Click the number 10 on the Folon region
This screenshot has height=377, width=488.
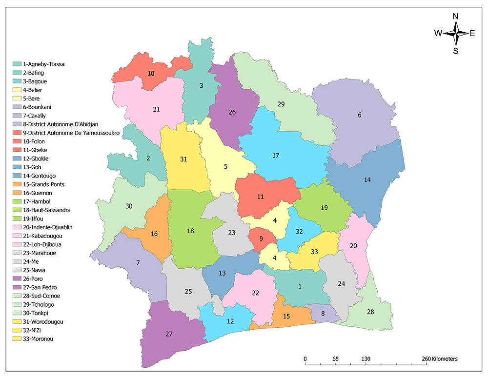(151, 74)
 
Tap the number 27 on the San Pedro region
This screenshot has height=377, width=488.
(169, 334)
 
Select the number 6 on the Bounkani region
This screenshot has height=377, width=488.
(360, 115)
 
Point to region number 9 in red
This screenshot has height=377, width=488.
(261, 239)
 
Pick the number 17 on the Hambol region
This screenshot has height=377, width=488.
(276, 156)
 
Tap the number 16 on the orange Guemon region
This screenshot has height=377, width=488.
(154, 234)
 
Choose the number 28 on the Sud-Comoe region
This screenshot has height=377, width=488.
(370, 312)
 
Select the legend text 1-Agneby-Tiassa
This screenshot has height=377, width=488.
(44, 64)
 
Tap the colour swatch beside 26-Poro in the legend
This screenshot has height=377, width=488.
(17, 278)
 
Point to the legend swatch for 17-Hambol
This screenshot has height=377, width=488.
(17, 201)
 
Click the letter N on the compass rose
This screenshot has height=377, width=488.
(456, 16)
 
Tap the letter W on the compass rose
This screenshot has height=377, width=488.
(438, 33)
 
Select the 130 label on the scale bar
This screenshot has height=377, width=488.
(366, 359)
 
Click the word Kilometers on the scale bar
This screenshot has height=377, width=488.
(442, 359)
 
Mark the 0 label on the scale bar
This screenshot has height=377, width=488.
(305, 359)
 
